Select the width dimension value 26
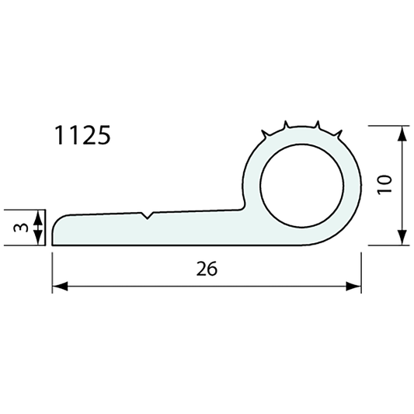tap(207, 269)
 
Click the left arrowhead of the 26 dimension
tap(58, 287)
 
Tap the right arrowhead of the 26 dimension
tap(355, 287)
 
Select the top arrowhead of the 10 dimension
tap(402, 133)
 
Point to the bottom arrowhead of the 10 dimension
tap(402, 238)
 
